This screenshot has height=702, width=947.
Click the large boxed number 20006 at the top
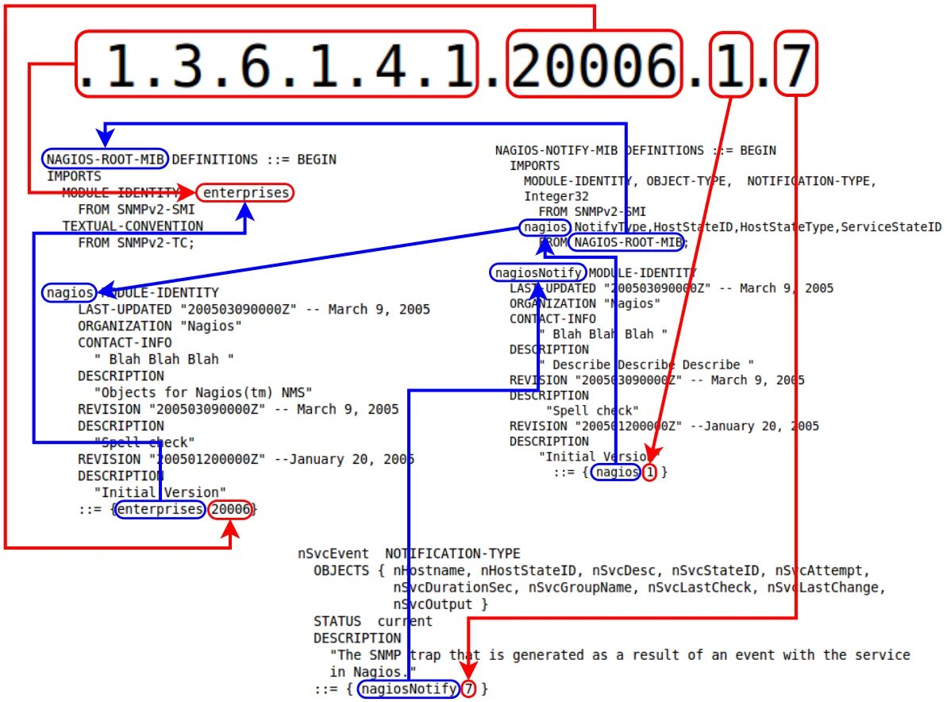coord(594,64)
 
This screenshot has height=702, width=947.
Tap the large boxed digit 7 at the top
coord(795,64)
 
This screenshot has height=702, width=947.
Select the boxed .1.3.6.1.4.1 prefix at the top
coord(278,64)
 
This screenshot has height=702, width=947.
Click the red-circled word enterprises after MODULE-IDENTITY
coord(245,193)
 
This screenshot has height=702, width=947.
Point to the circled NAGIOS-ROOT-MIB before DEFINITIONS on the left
coord(106,159)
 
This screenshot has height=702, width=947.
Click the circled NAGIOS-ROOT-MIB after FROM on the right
coord(627,242)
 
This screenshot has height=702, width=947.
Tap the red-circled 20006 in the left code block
coord(231,509)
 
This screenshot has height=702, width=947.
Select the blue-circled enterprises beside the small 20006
coord(160,509)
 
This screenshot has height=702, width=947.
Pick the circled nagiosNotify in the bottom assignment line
coord(408,688)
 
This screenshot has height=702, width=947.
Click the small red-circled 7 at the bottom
coord(468,688)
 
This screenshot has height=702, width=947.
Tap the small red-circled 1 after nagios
coord(650,472)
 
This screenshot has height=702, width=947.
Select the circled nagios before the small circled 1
coord(617,472)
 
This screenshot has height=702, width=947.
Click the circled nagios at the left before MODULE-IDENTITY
coord(70,293)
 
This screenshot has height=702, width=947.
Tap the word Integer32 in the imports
coord(556,196)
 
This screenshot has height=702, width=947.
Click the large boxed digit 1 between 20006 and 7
coord(729,64)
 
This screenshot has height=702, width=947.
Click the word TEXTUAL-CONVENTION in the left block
coord(133,226)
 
